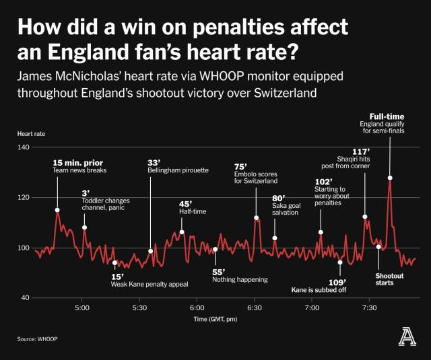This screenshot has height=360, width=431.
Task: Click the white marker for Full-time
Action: click(x=390, y=178)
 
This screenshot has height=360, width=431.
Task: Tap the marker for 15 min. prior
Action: click(x=57, y=210)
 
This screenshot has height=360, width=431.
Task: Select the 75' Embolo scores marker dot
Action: click(x=257, y=217)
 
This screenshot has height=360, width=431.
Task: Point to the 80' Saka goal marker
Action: click(x=275, y=238)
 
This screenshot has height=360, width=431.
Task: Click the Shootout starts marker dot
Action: click(x=378, y=247)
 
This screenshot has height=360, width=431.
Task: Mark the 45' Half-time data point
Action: click(x=183, y=231)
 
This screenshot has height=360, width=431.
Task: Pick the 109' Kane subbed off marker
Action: click(x=340, y=262)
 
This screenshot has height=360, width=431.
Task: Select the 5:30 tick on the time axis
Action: click(x=139, y=308)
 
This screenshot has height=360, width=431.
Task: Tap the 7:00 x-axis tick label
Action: click(x=311, y=308)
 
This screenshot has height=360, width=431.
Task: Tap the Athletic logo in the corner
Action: click(x=407, y=336)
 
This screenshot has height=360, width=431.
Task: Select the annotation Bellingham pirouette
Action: click(x=178, y=170)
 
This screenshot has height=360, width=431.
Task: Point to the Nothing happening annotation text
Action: click(x=239, y=279)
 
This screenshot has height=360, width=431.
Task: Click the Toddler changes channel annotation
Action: click(x=106, y=205)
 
